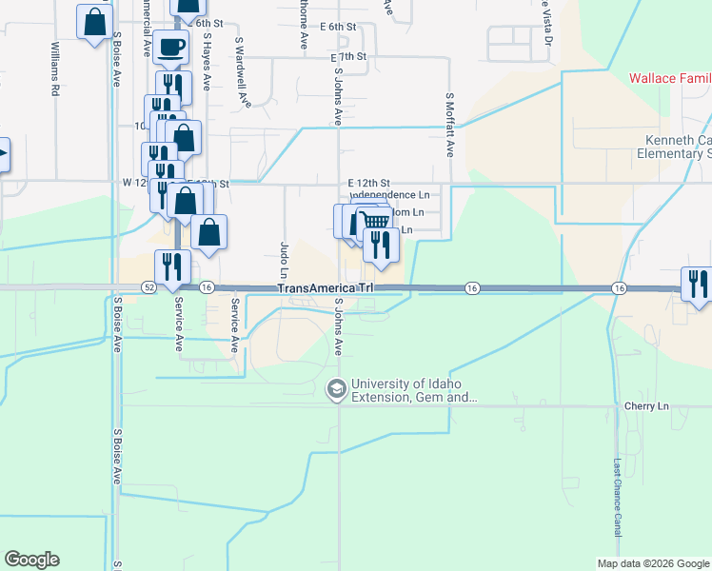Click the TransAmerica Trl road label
click(x=326, y=288)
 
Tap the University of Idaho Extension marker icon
click(x=335, y=388)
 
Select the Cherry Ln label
click(x=647, y=406)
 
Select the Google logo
click(x=31, y=560)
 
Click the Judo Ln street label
click(x=285, y=257)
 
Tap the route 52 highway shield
click(x=149, y=287)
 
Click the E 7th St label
click(x=349, y=57)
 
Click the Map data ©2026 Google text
click(x=652, y=562)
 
